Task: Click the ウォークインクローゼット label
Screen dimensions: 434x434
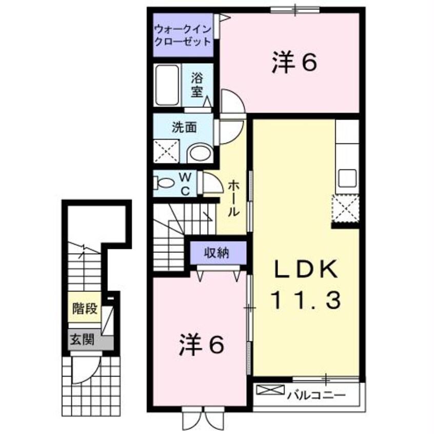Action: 183,35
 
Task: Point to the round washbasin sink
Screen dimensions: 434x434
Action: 200,153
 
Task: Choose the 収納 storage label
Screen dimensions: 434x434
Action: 218,252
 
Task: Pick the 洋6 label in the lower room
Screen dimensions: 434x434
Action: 202,345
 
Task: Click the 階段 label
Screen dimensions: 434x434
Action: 85,309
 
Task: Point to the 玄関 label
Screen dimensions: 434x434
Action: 82,340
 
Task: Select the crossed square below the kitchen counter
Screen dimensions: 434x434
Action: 345,210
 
